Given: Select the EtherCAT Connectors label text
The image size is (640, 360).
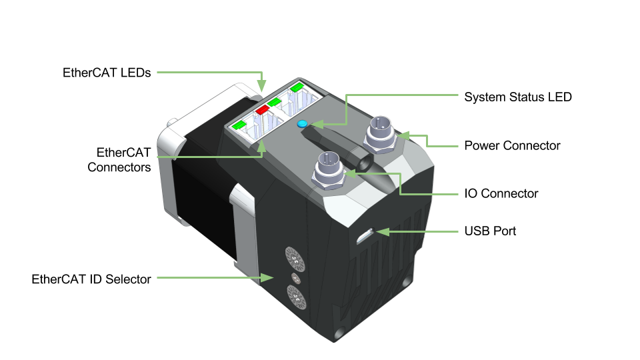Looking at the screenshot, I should (x=119, y=160).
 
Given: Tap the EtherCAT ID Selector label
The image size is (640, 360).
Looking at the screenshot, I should (x=91, y=279).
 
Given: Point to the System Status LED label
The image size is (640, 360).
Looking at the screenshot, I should (x=517, y=97).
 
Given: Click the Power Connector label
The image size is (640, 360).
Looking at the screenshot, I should (x=512, y=145).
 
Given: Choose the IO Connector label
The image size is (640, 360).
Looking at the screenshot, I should (x=501, y=194).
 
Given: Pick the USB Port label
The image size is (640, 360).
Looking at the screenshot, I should (x=490, y=231).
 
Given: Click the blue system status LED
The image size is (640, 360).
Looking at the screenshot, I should (x=302, y=124).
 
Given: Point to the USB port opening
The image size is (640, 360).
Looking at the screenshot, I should (x=366, y=236).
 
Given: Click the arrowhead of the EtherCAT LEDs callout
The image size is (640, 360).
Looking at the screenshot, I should (x=262, y=85).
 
